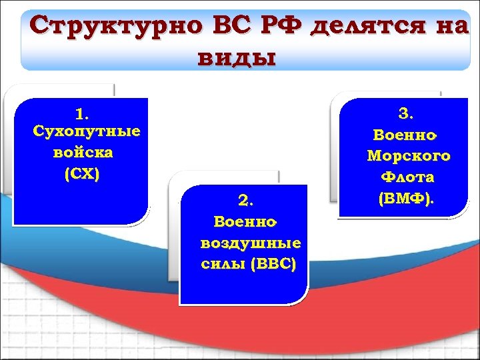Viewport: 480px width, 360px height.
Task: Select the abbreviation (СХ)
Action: [82, 174]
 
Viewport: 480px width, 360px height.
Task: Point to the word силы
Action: [220, 263]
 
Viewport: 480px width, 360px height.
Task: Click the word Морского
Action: [409, 156]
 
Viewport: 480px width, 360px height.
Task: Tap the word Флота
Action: [407, 177]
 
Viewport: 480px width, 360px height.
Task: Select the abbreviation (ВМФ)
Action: [405, 198]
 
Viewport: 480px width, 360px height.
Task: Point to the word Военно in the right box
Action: [404, 135]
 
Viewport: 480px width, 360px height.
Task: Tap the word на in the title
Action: [451, 27]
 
